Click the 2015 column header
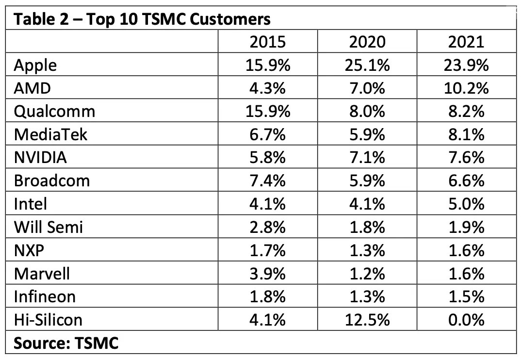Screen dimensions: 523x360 (x=267, y=42)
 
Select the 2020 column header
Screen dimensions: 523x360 (x=367, y=42)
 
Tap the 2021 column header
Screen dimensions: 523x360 (x=466, y=42)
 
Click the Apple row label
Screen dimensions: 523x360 (x=35, y=65)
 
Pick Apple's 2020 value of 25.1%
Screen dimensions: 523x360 (x=367, y=65)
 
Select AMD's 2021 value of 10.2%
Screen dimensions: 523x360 (x=466, y=88)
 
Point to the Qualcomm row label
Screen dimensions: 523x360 (x=54, y=112)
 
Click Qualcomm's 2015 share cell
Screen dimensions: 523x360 (x=267, y=112)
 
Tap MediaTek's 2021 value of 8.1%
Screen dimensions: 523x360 (x=466, y=135)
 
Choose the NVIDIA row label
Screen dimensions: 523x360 (x=40, y=158)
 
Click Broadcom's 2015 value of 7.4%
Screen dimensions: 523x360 (x=267, y=181)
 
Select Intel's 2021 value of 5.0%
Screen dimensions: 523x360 (x=466, y=204)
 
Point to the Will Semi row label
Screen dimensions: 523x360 (x=49, y=227)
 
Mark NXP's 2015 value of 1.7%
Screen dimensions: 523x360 (x=267, y=250)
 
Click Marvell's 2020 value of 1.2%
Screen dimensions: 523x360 (x=367, y=274)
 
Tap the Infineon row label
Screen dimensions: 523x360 (x=45, y=296)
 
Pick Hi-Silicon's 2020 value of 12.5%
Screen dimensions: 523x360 (x=367, y=320)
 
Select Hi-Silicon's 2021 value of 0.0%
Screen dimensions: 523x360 (x=466, y=320)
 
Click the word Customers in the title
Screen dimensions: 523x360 (x=230, y=19)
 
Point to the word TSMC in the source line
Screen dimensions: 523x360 (x=97, y=343)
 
